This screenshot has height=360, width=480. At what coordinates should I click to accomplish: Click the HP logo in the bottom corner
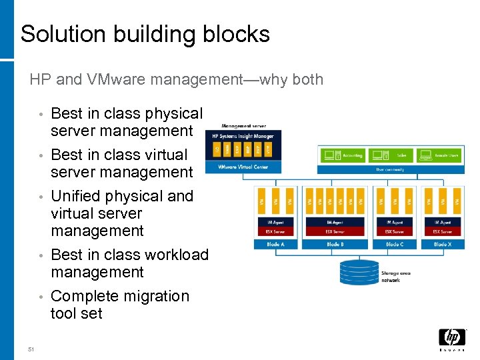point(451,339)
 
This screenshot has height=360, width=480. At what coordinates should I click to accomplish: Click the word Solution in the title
point(59,33)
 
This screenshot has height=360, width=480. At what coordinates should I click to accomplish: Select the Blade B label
point(335,245)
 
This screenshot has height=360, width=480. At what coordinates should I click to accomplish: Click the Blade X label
point(441,245)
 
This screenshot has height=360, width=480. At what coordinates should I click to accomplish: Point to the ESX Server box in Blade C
point(393,231)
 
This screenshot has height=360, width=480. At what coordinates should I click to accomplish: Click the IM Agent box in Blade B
point(335,222)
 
